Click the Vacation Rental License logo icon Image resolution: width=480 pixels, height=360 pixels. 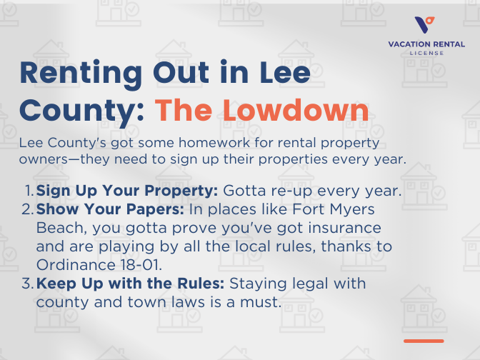click(426, 24)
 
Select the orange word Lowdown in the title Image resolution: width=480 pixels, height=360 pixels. click(308, 111)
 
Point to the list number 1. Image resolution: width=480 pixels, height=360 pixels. click(29, 191)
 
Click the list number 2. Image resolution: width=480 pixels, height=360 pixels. click(28, 211)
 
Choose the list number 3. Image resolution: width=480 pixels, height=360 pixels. click(28, 284)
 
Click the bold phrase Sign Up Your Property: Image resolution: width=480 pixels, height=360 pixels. click(128, 191)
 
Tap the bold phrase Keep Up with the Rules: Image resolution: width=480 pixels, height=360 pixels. click(131, 284)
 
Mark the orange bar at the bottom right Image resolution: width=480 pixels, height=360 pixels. click(424, 341)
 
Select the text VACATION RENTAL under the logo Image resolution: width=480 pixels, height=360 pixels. click(426, 44)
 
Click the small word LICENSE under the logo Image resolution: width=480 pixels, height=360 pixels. click(426, 53)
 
